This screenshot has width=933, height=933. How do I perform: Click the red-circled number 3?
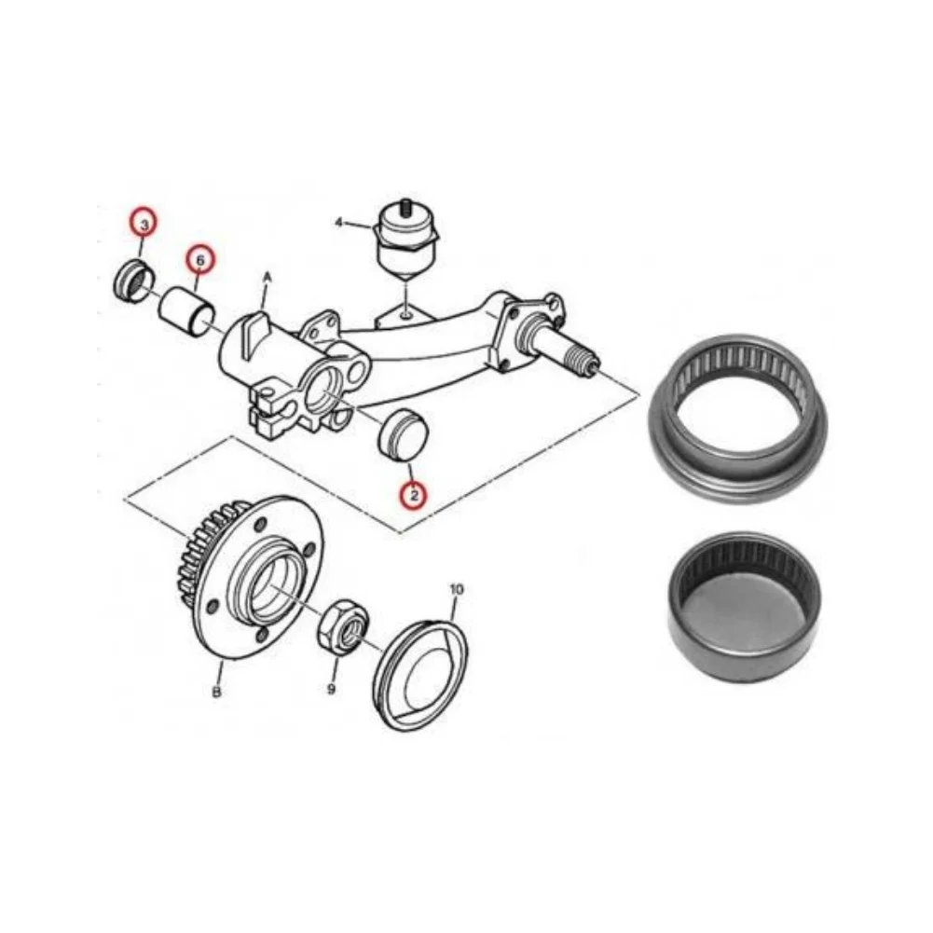tap(144, 224)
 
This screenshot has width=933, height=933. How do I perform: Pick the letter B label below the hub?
tap(216, 692)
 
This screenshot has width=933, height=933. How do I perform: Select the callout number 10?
tap(456, 589)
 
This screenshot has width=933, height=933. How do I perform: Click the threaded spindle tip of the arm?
tap(585, 360)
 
